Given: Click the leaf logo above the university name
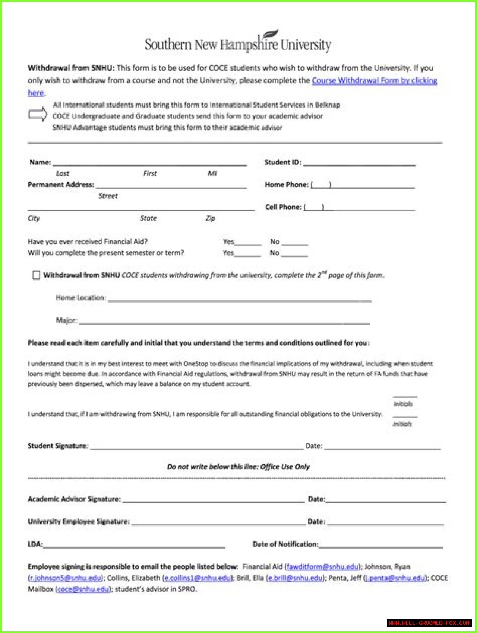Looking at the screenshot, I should (x=271, y=35).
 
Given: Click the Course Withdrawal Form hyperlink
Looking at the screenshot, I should (x=374, y=81).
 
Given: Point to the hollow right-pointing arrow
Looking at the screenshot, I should (x=38, y=115).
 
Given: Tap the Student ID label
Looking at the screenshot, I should (x=282, y=162).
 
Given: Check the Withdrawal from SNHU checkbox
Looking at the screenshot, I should (x=36, y=275).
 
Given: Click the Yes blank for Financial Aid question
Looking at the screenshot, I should (x=247, y=243).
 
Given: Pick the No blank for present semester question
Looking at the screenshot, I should (x=294, y=254).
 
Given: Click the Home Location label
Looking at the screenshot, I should (x=81, y=298).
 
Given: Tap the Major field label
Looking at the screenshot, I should (x=67, y=320).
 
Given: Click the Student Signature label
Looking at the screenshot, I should (x=57, y=446).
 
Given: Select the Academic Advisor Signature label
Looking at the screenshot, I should (x=74, y=499).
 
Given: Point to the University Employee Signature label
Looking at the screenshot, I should (x=79, y=522).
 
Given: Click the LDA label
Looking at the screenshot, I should (x=35, y=544).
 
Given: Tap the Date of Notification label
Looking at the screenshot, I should (x=285, y=544).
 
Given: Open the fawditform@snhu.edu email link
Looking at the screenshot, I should (x=322, y=566).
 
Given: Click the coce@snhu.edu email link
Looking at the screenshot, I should (x=83, y=589).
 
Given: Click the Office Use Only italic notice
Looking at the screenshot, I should (x=238, y=467).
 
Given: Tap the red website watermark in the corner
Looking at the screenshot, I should (x=429, y=623).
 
